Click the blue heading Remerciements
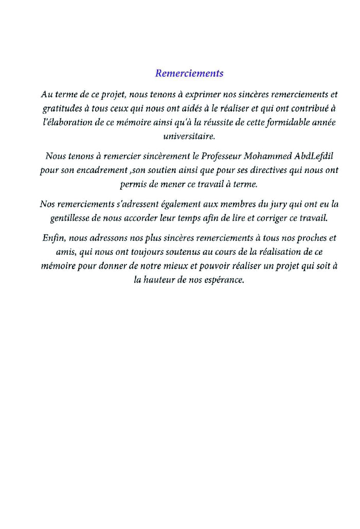point(189,73)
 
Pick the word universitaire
point(189,137)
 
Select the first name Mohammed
point(276,156)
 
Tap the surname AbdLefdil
point(322,156)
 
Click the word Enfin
point(50,238)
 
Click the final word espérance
point(223,281)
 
